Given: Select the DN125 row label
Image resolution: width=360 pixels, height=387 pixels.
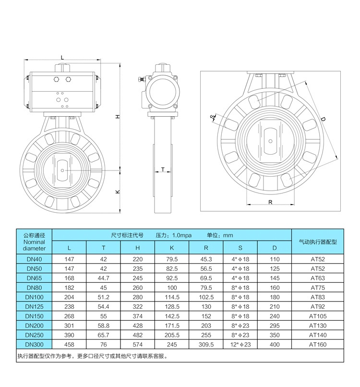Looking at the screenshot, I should pyautogui.click(x=34, y=306).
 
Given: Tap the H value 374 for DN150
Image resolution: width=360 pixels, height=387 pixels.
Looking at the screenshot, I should pyautogui.click(x=138, y=316).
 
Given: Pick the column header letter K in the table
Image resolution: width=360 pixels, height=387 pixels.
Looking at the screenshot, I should pyautogui.click(x=172, y=248).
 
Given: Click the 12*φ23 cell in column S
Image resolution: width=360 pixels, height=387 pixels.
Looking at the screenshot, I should pyautogui.click(x=240, y=344).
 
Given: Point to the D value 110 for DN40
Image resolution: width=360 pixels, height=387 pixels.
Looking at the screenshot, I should pyautogui.click(x=275, y=259).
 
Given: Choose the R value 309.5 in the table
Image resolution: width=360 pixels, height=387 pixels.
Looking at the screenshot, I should pyautogui.click(x=206, y=344).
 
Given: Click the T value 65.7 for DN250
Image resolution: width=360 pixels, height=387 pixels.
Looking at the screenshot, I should pyautogui.click(x=104, y=335).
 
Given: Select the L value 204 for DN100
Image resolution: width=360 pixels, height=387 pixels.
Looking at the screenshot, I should pyautogui.click(x=69, y=297).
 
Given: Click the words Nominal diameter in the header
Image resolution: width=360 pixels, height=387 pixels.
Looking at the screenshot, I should pyautogui.click(x=34, y=245).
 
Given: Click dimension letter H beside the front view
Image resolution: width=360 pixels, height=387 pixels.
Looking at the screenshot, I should pyautogui.click(x=117, y=117).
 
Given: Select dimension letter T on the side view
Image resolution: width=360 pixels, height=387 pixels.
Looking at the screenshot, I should pyautogui.click(x=163, y=169).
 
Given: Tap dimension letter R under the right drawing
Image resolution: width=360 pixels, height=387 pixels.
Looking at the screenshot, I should pyautogui.click(x=270, y=202).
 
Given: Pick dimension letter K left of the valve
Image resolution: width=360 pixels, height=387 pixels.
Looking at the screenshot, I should pyautogui.click(x=117, y=192).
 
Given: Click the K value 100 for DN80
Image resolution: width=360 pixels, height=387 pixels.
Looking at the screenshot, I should pyautogui.click(x=172, y=288).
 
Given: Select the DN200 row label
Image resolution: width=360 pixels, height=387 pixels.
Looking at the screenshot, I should pyautogui.click(x=34, y=325).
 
